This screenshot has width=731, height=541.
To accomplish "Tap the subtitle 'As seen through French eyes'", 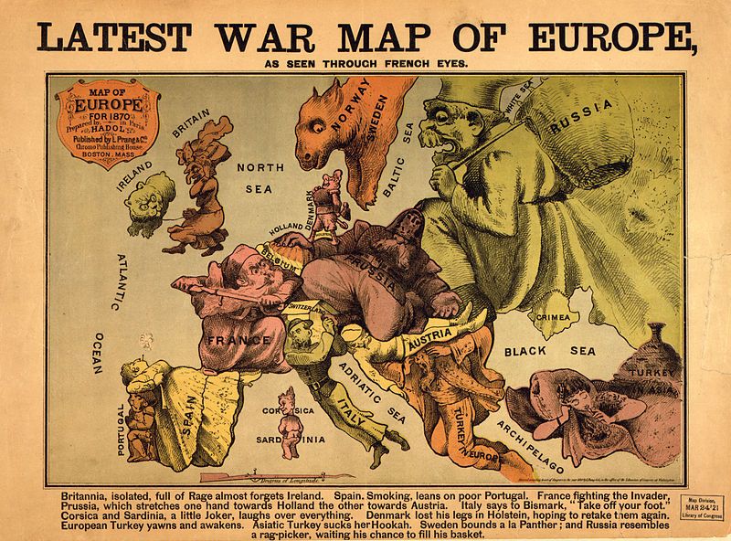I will pyautogui.click(x=365, y=64).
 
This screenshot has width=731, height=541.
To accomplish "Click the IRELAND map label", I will pyautogui.click(x=134, y=171).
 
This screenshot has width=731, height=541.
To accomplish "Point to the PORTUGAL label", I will pyautogui.click(x=120, y=429).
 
